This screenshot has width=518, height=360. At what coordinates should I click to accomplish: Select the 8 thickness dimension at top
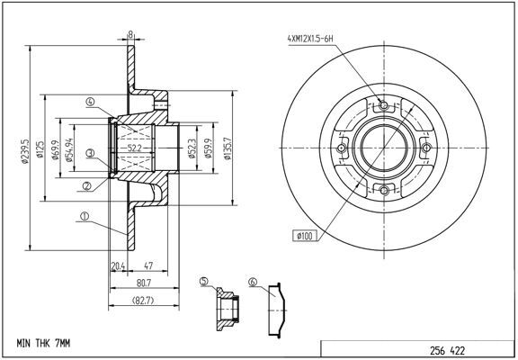click(x=131, y=34)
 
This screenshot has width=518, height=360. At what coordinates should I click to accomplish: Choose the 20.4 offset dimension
click(x=116, y=265)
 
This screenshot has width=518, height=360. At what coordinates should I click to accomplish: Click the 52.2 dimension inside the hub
click(x=136, y=147)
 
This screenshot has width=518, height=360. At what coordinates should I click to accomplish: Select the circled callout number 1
click(x=84, y=216)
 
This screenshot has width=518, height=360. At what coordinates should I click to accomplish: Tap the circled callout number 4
click(x=91, y=102)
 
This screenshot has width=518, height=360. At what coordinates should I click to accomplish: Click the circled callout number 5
click(x=204, y=282)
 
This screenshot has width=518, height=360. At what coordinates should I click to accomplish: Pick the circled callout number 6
click(x=253, y=282)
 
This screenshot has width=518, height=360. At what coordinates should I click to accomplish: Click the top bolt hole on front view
click(x=384, y=107)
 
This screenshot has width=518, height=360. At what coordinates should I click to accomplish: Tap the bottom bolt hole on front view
click(x=384, y=190)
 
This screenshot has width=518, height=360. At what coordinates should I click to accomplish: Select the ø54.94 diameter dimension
click(x=73, y=145)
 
